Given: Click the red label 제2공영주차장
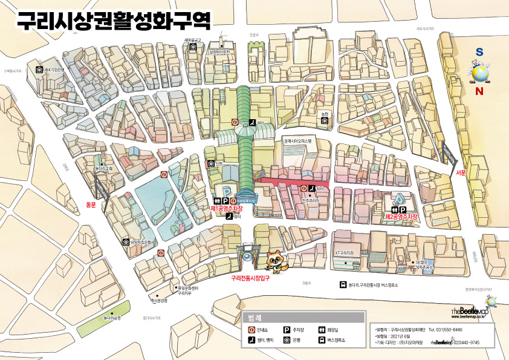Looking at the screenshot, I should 402,216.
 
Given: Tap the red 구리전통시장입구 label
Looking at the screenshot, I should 250,279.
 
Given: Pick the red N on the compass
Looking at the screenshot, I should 479,92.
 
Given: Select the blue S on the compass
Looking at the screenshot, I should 479,53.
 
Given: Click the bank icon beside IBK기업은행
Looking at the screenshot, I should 39,70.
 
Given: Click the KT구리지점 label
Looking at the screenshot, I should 344,252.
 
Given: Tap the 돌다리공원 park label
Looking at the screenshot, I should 112,317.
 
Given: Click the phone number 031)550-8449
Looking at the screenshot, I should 446,330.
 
